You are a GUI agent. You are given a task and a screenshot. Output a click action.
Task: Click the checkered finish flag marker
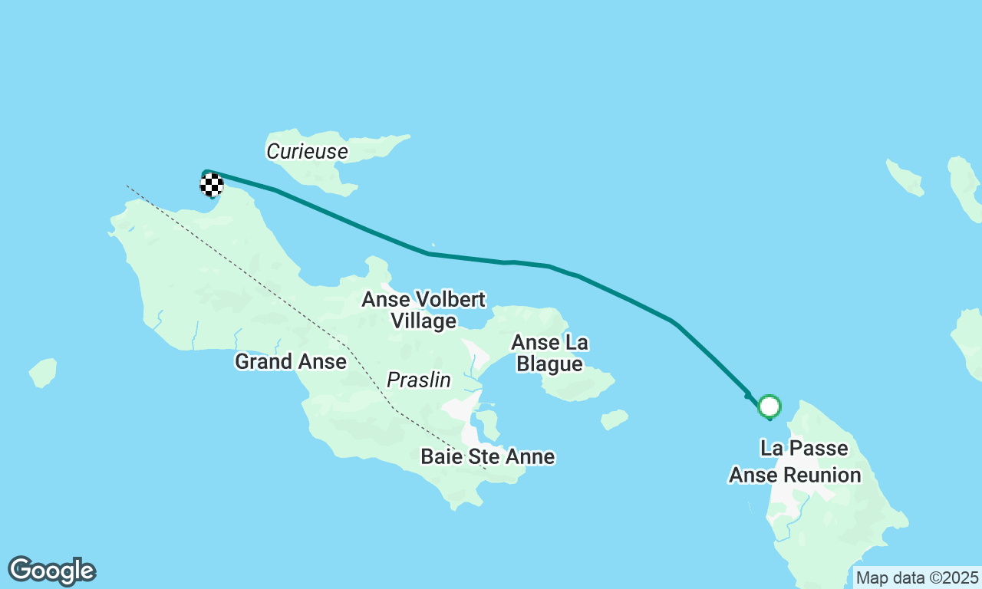[x=212, y=185]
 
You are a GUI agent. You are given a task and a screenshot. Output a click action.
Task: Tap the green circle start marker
[x=769, y=406]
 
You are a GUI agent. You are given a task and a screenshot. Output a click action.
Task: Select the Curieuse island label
[x=307, y=152]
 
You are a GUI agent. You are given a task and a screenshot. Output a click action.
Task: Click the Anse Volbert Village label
[x=423, y=310]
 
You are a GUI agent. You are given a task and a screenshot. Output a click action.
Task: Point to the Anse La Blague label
[x=549, y=353]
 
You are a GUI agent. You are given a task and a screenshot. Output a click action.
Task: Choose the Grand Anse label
[x=290, y=361]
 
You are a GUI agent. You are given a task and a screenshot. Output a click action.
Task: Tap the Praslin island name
[x=418, y=380]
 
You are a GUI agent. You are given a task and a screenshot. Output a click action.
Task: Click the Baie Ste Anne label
[x=487, y=457]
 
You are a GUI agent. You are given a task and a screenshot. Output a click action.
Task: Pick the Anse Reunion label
[x=795, y=475]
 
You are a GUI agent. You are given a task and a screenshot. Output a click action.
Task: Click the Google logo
[x=51, y=571]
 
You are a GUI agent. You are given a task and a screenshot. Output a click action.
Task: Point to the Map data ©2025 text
[x=917, y=577]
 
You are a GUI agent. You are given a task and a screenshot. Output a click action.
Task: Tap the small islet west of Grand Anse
[x=44, y=373]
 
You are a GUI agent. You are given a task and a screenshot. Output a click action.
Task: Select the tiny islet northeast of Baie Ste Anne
[x=614, y=419]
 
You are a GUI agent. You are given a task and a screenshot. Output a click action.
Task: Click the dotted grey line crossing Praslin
[x=230, y=261]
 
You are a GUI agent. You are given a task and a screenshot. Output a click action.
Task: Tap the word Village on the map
[x=423, y=321]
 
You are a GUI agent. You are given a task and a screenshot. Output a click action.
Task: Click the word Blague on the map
[x=549, y=364]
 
